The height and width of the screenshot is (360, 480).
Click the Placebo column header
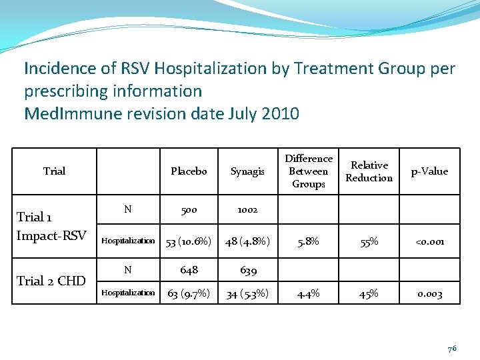pos(189,171)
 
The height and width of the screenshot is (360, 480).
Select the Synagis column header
pos(247,171)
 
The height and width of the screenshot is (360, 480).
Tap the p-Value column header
pos(429,171)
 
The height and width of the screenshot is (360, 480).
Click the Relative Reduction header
pos(369,171)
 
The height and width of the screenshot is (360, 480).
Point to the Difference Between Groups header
pos(309,171)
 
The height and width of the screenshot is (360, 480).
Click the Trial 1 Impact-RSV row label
pos(51,226)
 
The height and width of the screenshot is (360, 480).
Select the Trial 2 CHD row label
pos(51,281)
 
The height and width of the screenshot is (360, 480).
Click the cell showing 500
pos(189,209)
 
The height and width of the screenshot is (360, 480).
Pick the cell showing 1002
pos(247,209)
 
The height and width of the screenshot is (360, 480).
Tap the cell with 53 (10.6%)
pos(189,242)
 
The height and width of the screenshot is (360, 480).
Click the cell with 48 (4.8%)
pos(247,242)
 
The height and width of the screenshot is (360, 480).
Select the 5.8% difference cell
pos(309,242)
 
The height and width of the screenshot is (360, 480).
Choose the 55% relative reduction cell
pos(369,242)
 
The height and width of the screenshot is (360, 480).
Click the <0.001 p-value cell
pos(429,242)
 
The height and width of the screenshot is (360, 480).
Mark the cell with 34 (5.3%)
pos(247,294)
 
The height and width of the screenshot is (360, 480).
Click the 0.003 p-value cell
pos(429,294)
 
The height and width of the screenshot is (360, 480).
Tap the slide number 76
pos(452,348)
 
